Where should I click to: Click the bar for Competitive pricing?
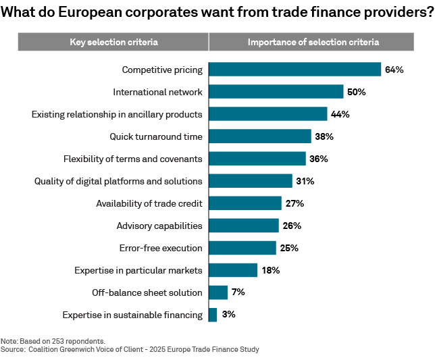pyautogui.click(x=295, y=70)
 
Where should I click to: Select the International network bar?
pyautogui.click(x=276, y=92)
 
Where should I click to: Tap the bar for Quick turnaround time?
pyautogui.click(x=259, y=136)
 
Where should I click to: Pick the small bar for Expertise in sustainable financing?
pyautogui.click(x=213, y=315)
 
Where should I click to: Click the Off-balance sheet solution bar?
pyautogui.click(x=218, y=292)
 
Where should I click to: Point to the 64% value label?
pyautogui.click(x=394, y=70)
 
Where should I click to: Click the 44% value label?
pyautogui.click(x=340, y=114)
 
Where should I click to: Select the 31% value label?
pyautogui.click(x=305, y=181)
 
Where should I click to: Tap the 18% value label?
pyautogui.click(x=270, y=270)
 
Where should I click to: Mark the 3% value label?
pyautogui.click(x=229, y=315)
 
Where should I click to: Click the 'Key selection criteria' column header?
pyautogui.click(x=113, y=42)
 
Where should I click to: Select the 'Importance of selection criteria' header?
pyautogui.click(x=313, y=42)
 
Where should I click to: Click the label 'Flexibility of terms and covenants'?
pyautogui.click(x=132, y=159)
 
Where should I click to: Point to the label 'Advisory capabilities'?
pyautogui.click(x=159, y=226)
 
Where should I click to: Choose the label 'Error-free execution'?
pyautogui.click(x=160, y=248)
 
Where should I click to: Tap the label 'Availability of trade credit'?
pyautogui.click(x=149, y=203)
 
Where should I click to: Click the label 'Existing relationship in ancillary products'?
pyautogui.click(x=117, y=114)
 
